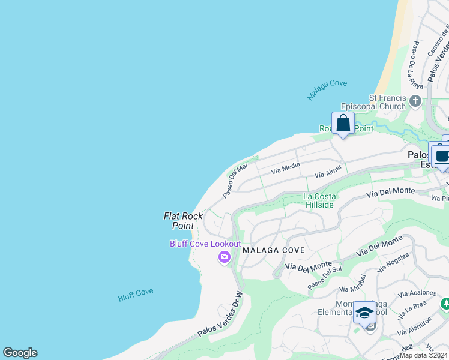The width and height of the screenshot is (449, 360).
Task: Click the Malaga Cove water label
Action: coord(327,90)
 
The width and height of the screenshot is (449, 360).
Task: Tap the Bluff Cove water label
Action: coord(135,295)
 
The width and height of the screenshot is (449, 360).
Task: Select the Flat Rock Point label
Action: coord(183,220)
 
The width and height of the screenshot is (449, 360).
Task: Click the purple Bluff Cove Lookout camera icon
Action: coord(224,257)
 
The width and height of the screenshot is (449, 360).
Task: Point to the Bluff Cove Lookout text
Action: coord(205,244)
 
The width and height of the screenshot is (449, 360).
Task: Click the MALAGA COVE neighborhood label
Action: coord(274,250)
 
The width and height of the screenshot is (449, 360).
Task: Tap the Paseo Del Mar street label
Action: coord(235,181)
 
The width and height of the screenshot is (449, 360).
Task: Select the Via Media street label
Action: coord(285,168)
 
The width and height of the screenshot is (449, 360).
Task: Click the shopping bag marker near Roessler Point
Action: coord(343,124)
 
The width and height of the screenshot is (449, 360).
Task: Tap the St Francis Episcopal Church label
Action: coord(387,103)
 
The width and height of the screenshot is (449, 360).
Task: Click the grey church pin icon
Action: coord(415,102)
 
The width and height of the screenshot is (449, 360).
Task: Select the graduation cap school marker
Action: coord(364,313)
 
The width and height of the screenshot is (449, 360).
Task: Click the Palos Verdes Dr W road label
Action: coord(220,315)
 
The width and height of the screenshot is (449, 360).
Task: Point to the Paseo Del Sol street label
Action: coord(324,279)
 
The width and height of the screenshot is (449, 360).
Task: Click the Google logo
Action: coord(20,353)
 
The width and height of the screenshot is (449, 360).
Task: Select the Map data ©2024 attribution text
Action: coord(423,355)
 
